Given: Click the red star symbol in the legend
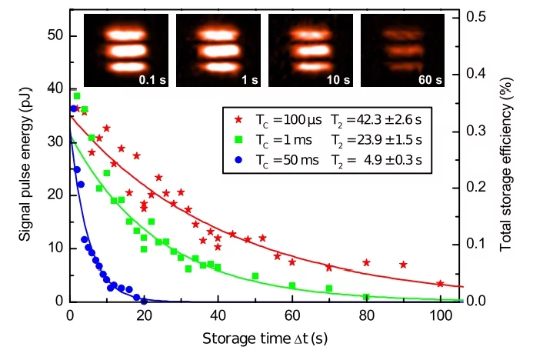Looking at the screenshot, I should (x=238, y=119).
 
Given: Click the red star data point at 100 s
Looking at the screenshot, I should (x=440, y=284).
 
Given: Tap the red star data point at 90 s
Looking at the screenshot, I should (x=403, y=265).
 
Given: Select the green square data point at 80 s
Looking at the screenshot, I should (x=366, y=297).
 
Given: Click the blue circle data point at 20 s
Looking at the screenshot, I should (x=144, y=301).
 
